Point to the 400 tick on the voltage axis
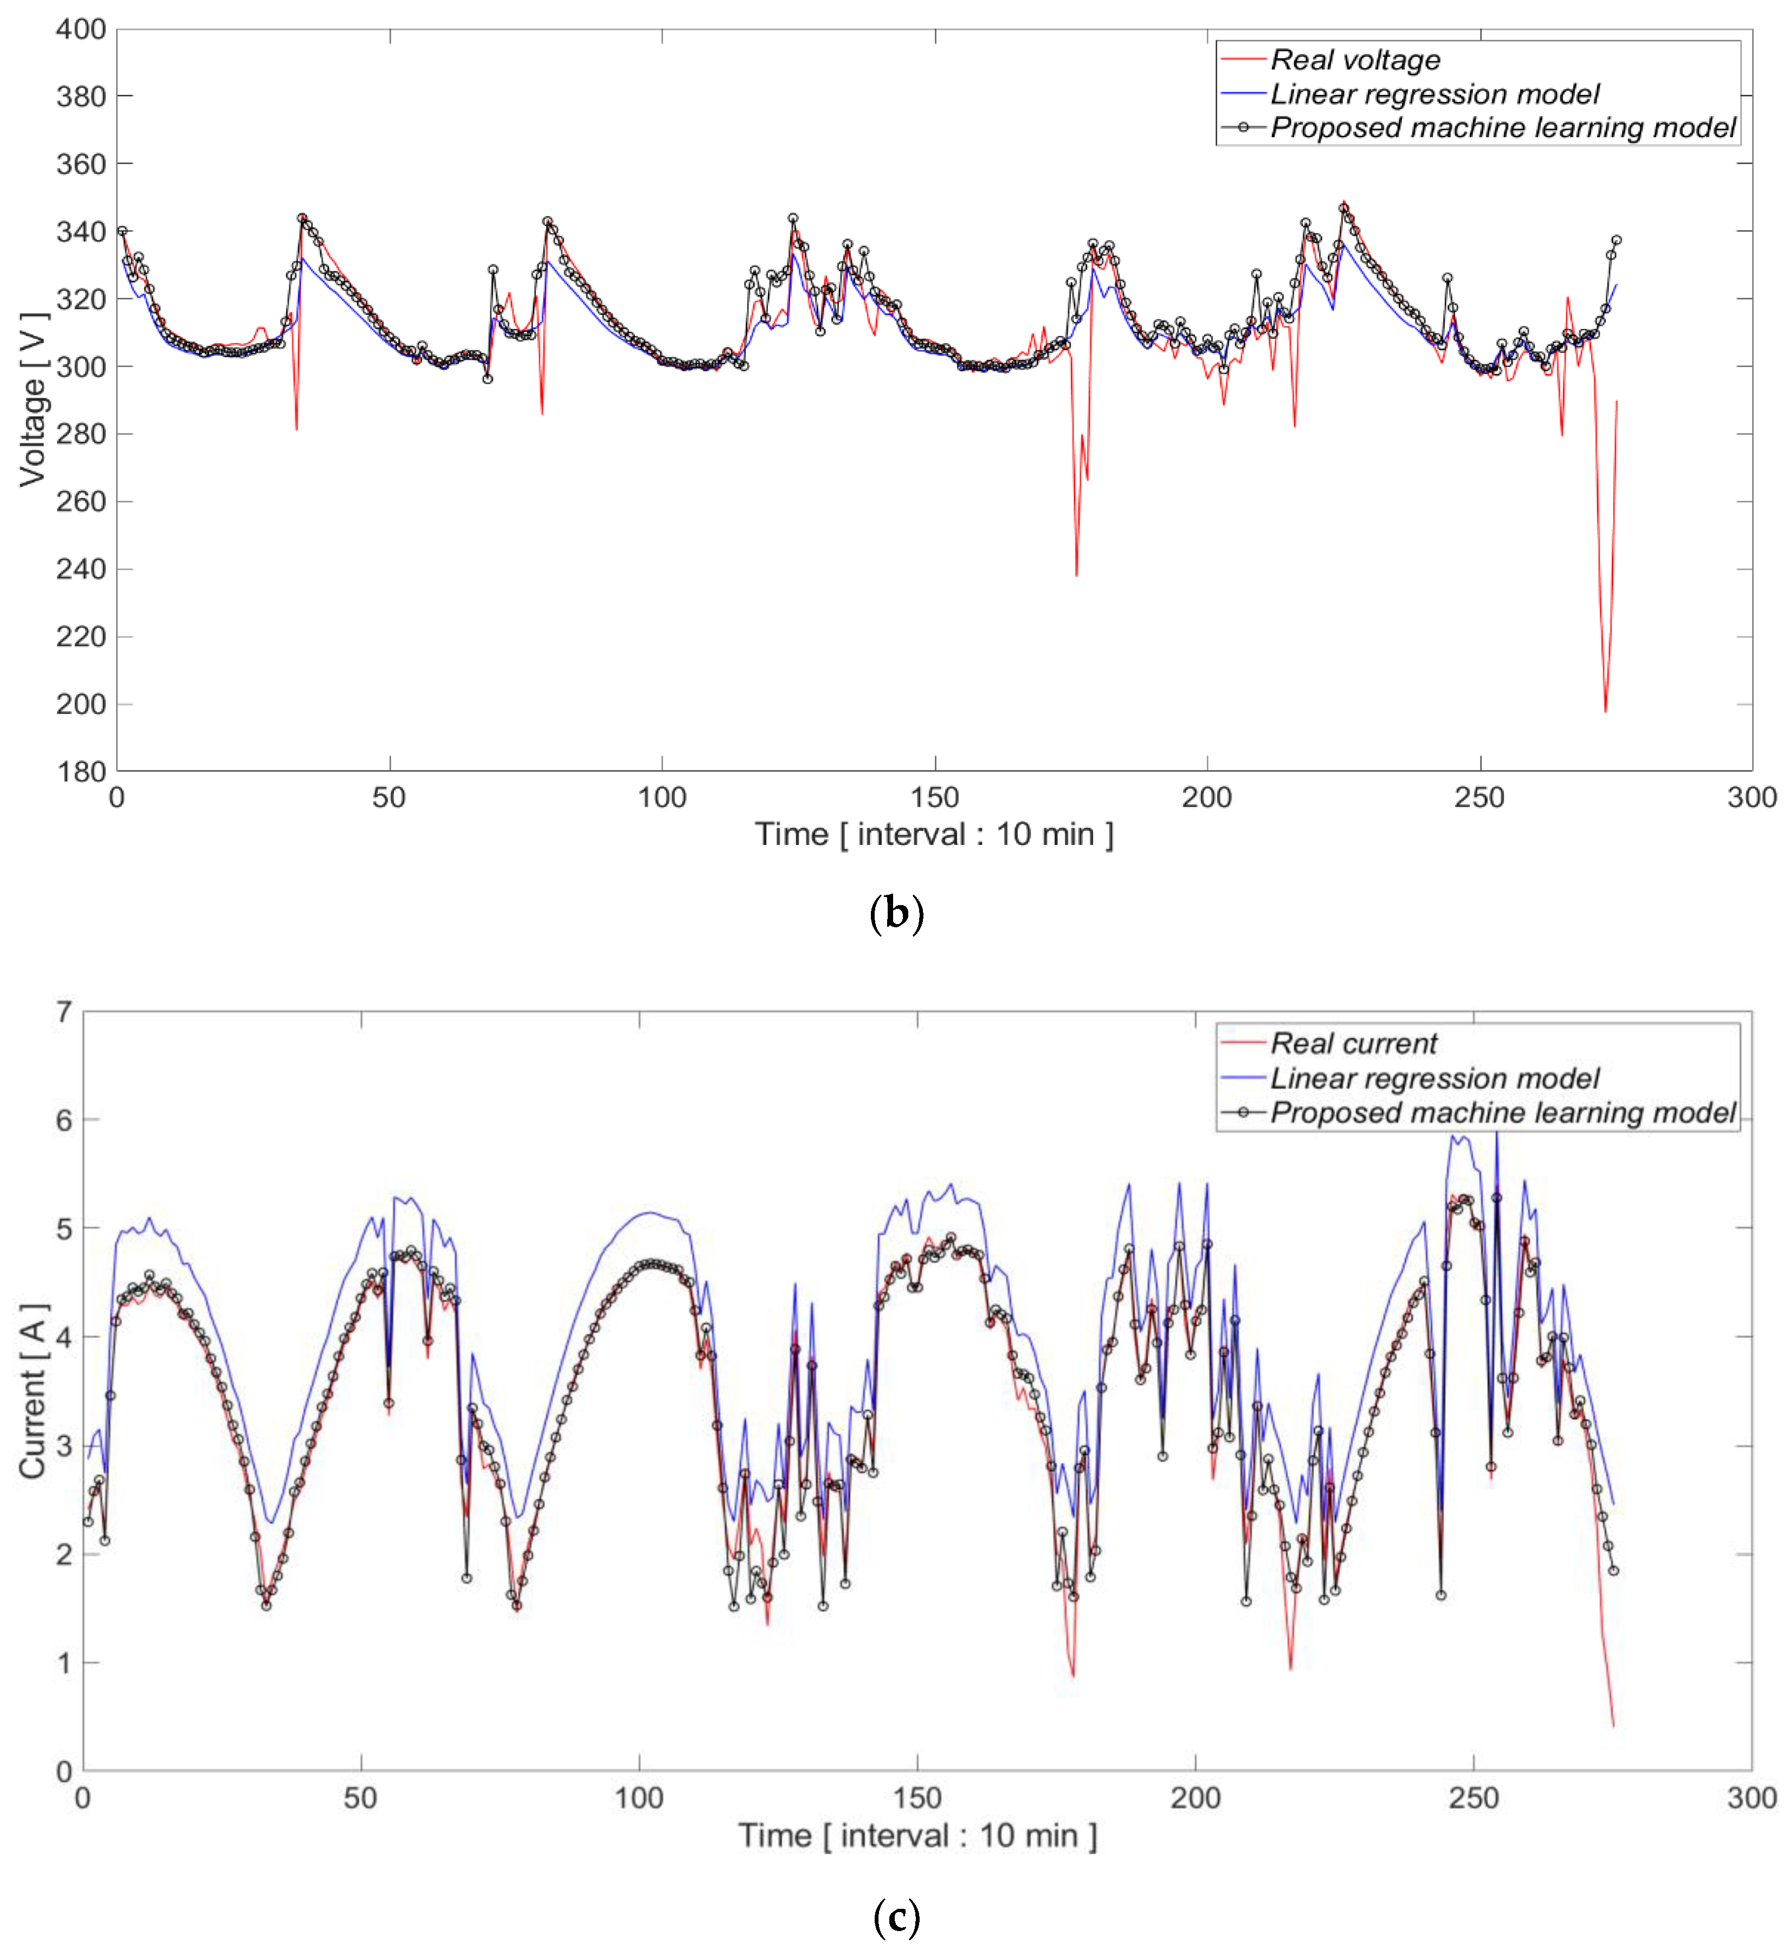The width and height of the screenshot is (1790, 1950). click(x=80, y=29)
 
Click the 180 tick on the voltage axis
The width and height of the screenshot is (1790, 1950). click(x=80, y=772)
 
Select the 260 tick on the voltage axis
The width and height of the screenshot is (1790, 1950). click(x=80, y=502)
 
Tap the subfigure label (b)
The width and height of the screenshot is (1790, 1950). click(x=896, y=914)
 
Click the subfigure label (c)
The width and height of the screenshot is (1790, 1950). click(x=896, y=1917)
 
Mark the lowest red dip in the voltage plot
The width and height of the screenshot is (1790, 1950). click(x=1605, y=712)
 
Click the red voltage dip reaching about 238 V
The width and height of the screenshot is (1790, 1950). click(x=1076, y=576)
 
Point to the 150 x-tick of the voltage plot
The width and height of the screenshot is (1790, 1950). click(x=935, y=798)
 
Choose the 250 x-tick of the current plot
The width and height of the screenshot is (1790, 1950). click(x=1474, y=1799)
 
